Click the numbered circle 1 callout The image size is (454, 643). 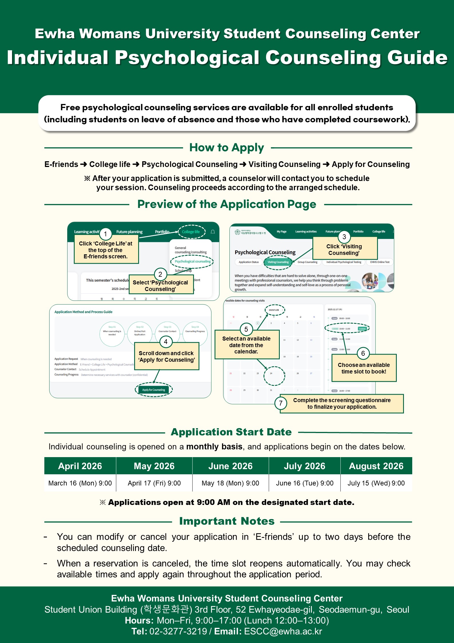(x=105, y=234)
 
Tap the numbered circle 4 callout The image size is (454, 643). (x=166, y=342)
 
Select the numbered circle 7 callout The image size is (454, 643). (x=281, y=403)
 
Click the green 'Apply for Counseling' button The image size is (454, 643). (x=154, y=390)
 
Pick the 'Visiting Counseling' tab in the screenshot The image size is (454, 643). (x=278, y=262)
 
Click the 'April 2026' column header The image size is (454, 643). (x=80, y=466)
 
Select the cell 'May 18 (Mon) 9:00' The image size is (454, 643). (x=230, y=483)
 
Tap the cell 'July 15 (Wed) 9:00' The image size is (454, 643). (x=376, y=483)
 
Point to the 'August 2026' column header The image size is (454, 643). (x=376, y=466)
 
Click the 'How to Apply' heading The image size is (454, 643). (x=227, y=148)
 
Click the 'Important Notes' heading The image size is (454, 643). (x=227, y=521)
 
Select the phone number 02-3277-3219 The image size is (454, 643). (x=178, y=631)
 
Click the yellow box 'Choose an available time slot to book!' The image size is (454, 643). (x=364, y=368)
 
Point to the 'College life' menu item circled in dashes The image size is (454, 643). (x=191, y=232)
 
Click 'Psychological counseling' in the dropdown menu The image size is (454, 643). (x=193, y=261)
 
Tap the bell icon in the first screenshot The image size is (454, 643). (x=213, y=232)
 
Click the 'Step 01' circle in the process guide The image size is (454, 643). (x=112, y=334)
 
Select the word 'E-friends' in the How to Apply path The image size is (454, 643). (x=61, y=164)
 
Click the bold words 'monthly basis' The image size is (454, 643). (x=214, y=447)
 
